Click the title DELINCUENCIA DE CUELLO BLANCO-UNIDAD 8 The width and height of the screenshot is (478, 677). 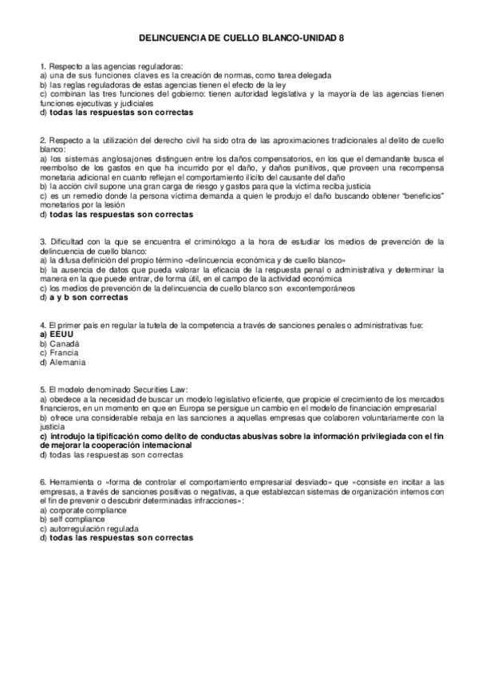(x=239, y=38)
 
